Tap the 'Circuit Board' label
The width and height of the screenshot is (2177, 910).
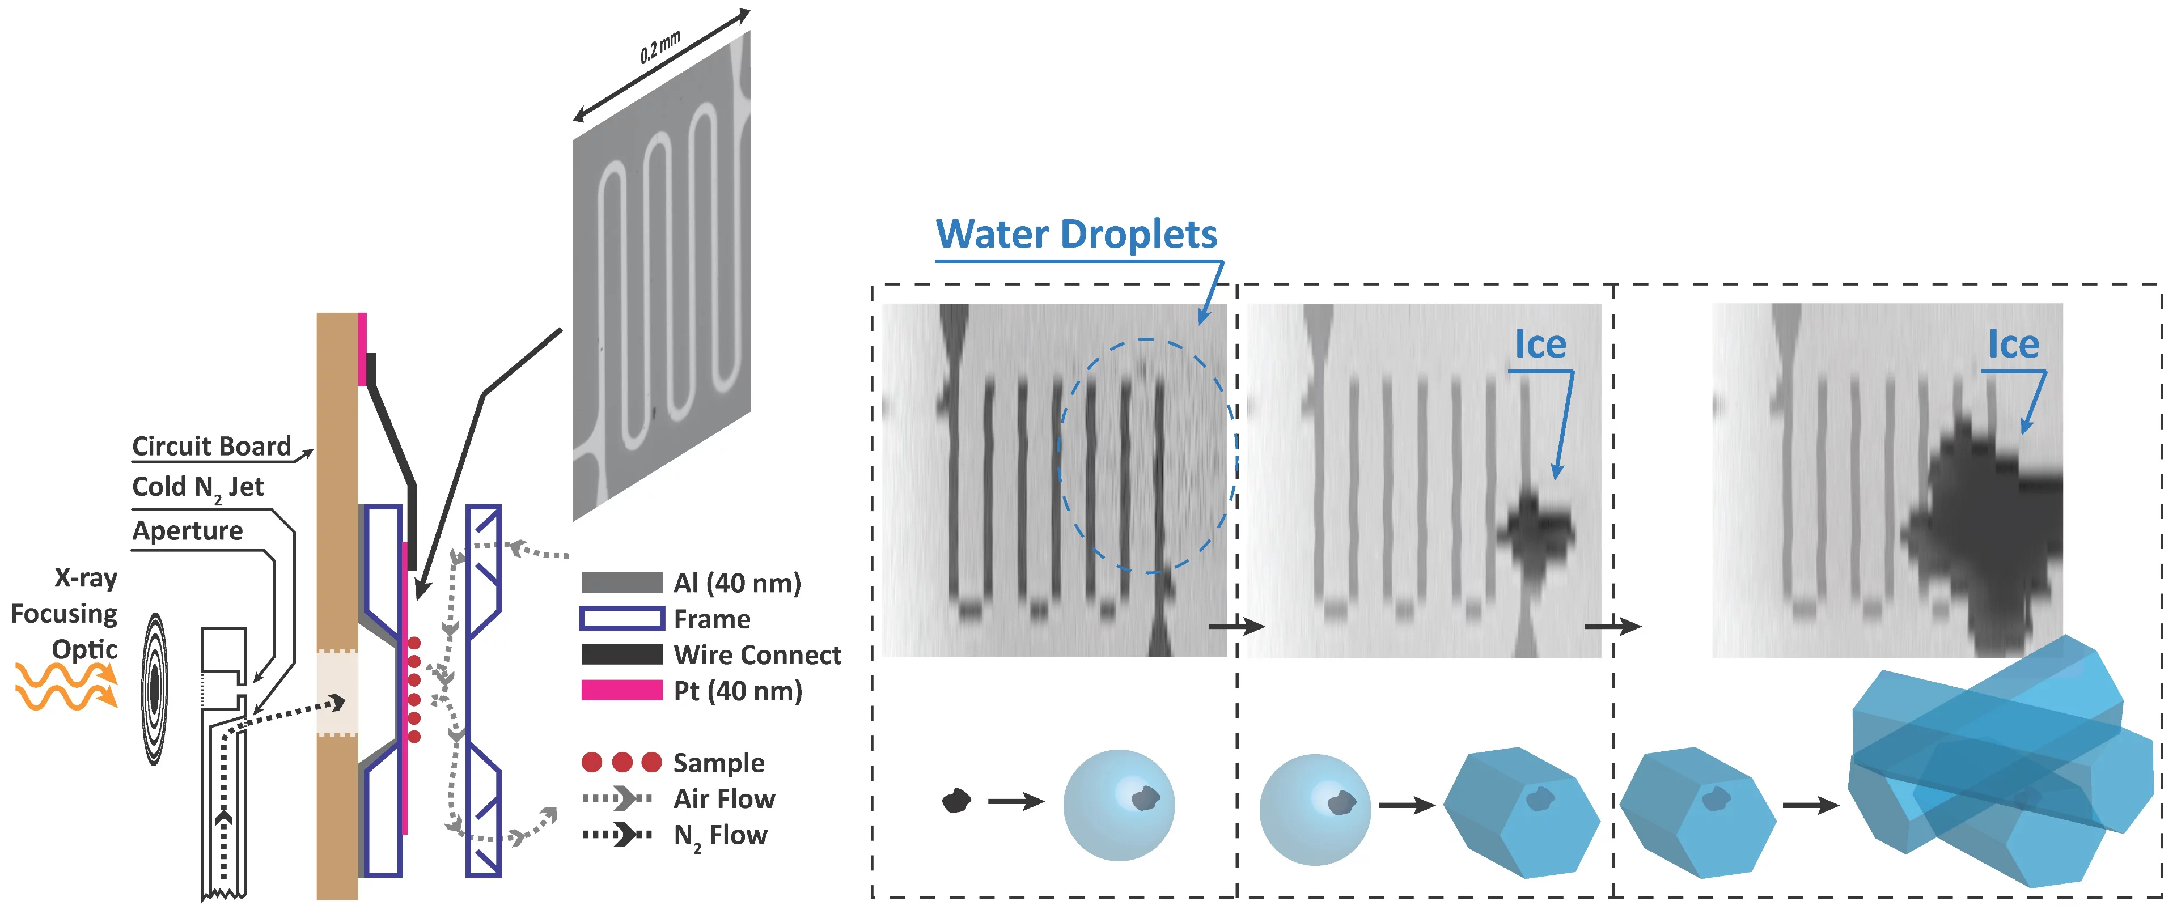pos(211,446)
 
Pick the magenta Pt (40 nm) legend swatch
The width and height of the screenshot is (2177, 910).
pos(621,690)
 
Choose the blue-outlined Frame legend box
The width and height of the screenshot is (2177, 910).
pos(621,619)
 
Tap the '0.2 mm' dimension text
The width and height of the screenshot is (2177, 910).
pos(659,48)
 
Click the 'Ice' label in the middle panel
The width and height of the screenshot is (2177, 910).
pos(1540,345)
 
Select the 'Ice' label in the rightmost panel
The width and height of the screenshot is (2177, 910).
pos(2013,345)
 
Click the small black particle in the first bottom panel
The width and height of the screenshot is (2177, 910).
pos(956,800)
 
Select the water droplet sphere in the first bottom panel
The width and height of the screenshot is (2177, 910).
pos(1118,805)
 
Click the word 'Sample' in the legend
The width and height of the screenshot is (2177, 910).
pos(718,763)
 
